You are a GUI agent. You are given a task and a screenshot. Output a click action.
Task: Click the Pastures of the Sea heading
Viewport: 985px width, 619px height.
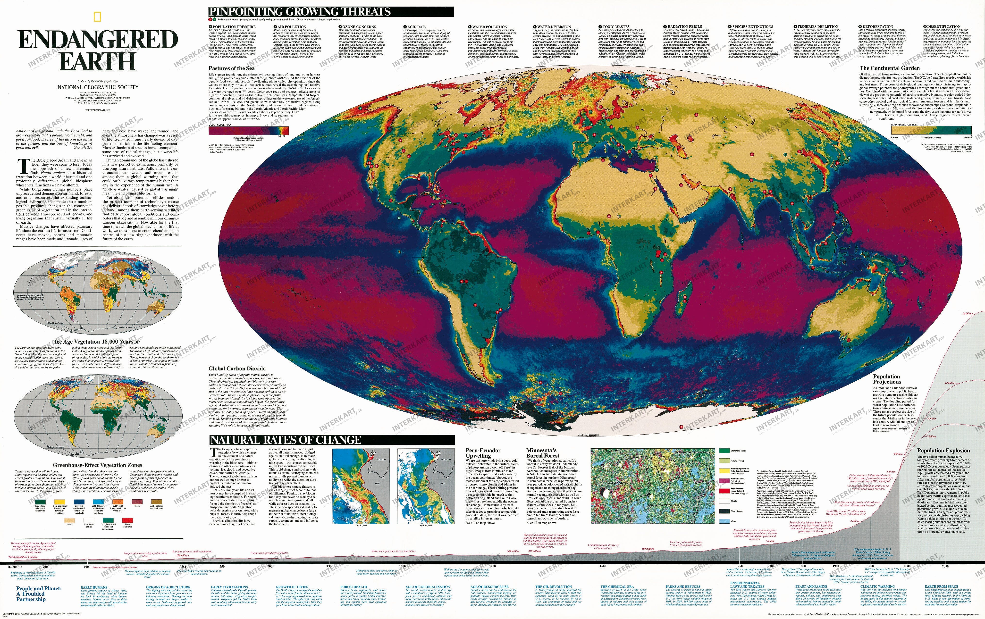[x=232, y=68]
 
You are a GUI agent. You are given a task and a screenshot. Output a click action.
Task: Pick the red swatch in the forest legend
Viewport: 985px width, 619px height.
[x=724, y=491]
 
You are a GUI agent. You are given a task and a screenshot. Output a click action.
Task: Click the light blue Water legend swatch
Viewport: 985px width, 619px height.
[x=724, y=521]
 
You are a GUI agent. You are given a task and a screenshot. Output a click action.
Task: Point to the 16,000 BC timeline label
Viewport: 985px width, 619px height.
[x=16, y=567]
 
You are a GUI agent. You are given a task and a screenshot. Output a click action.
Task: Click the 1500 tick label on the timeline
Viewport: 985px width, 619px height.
[x=603, y=566]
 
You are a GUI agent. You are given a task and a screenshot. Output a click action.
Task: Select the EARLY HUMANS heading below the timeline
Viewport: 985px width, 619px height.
[x=94, y=587]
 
